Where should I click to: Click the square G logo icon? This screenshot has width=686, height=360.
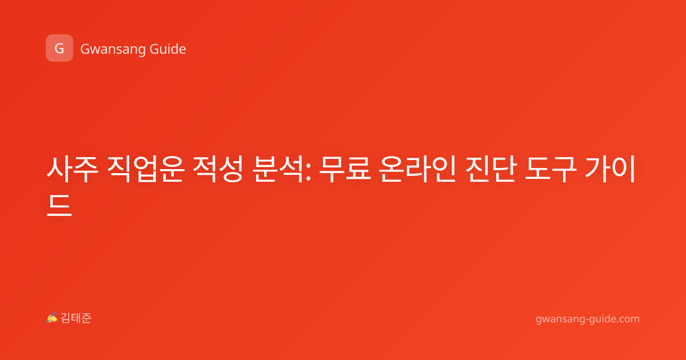59,48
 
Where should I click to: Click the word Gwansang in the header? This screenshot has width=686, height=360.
113,50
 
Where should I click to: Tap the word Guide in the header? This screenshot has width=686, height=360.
167,49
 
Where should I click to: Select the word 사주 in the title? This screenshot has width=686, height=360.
72,169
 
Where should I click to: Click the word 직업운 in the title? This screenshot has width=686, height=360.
146,169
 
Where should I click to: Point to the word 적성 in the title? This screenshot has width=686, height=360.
218,169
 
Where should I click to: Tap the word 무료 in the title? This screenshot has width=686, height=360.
345,169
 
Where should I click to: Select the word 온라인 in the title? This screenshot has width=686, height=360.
418,169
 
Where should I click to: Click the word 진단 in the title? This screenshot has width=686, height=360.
491,169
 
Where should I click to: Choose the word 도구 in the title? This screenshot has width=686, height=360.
551,169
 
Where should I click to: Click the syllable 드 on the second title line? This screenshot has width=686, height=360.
59,205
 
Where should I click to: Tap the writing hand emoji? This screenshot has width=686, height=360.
52,318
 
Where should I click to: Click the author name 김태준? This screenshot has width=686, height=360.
76,318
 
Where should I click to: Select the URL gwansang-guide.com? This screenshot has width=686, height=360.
588,319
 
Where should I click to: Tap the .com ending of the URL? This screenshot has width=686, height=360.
627,319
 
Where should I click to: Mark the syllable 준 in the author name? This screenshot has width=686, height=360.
86,318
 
